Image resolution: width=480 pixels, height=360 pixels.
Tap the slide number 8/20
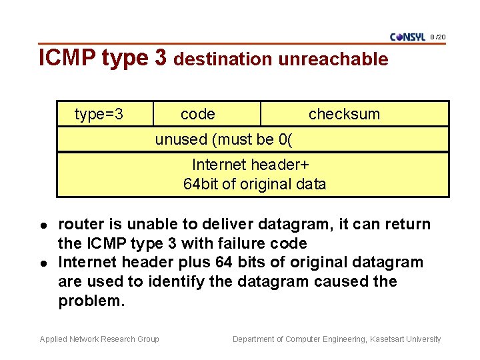(439, 36)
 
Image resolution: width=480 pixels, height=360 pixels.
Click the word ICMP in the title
(68, 58)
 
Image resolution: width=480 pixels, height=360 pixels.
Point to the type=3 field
(99, 114)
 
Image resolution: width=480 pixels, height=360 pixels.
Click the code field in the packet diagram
(198, 114)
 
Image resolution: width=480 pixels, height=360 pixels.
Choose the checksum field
(344, 114)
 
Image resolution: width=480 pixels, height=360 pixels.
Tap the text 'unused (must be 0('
(224, 139)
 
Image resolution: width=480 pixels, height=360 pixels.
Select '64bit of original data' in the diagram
(255, 184)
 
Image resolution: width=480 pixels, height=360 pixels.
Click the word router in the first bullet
(79, 224)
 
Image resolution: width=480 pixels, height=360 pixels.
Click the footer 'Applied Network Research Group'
(99, 339)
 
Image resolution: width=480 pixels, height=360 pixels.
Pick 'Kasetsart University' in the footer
(406, 339)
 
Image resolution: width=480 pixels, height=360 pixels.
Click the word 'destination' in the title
(223, 59)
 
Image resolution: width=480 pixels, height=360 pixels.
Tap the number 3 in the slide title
(160, 58)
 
